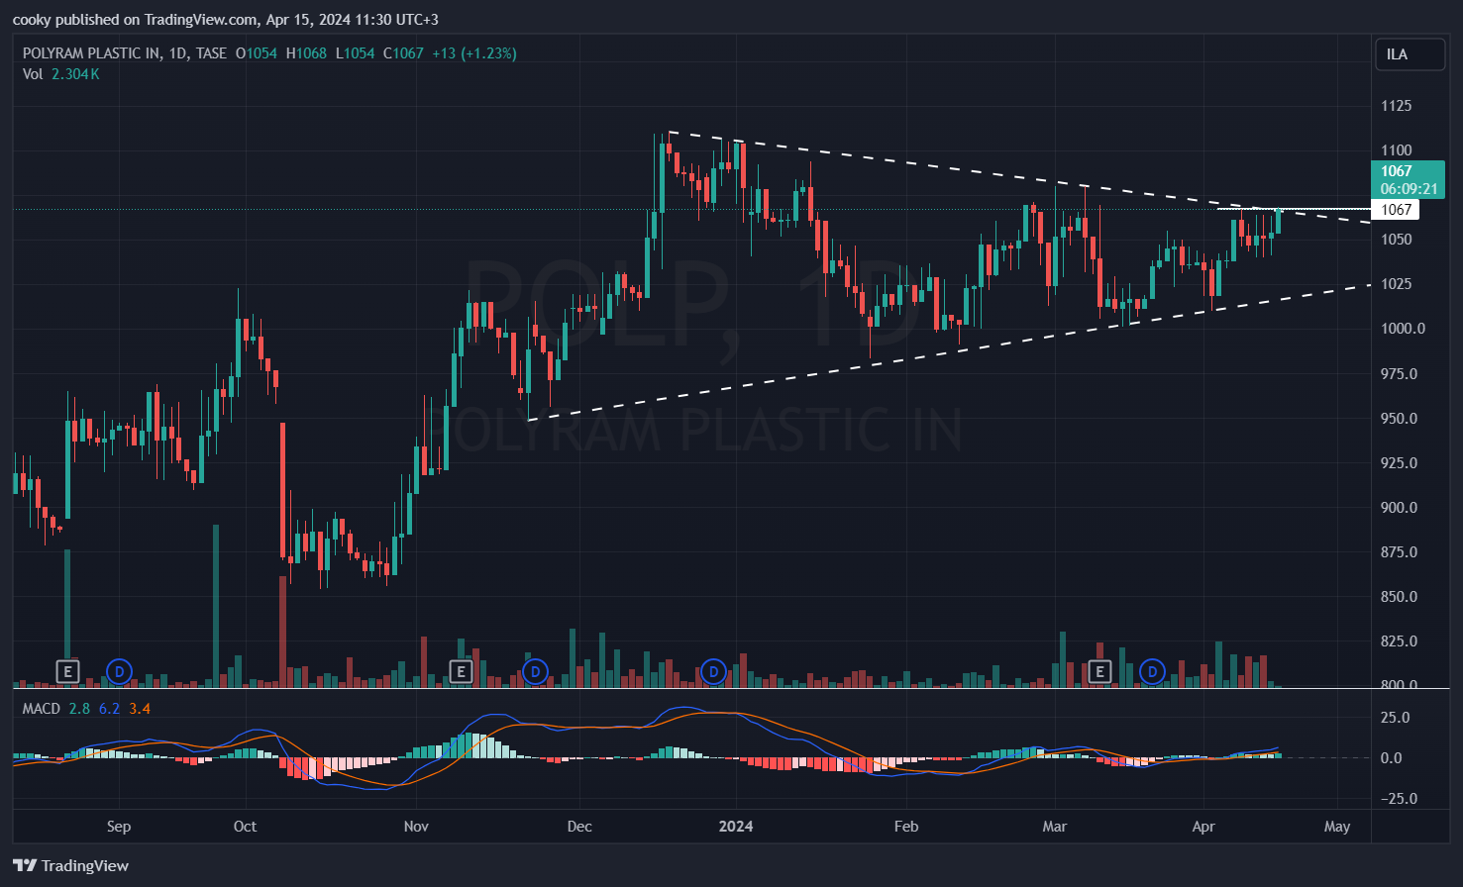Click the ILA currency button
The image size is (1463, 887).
coord(1409,54)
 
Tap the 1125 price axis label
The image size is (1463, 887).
coord(1397,106)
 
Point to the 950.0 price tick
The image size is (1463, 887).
coord(1399,419)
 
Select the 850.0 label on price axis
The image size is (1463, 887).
coord(1399,597)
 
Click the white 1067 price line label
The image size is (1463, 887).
coord(1397,210)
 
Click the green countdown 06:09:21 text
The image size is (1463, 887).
coord(1409,189)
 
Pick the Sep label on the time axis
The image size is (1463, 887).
coord(118,827)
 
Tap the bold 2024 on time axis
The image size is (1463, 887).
coord(736,827)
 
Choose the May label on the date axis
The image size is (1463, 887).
coord(1337,827)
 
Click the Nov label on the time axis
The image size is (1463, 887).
coord(416,827)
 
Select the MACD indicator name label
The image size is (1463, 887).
coord(42,709)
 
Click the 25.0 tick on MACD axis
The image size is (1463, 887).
coord(1395,718)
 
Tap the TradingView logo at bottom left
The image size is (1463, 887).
coord(71,866)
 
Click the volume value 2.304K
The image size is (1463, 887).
coord(75,74)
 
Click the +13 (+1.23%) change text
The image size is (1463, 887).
coord(474,53)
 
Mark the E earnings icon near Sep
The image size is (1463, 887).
coord(67,672)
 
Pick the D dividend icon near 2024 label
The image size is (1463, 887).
coord(713,672)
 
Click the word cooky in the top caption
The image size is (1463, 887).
coord(31,20)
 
